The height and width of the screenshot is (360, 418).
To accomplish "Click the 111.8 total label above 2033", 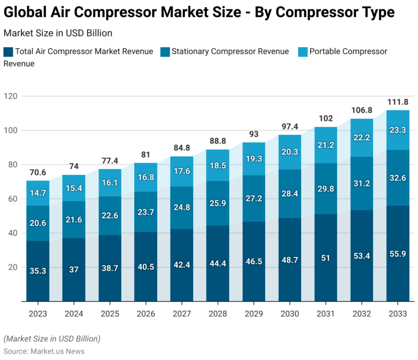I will pos(398,102).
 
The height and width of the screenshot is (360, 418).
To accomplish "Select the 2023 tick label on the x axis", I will pos(38,314).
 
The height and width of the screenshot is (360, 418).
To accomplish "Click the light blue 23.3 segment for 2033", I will pos(398,130).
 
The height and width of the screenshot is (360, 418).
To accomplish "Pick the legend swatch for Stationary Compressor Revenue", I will pos(164,52).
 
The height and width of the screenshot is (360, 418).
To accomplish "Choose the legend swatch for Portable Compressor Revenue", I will pos(302,52).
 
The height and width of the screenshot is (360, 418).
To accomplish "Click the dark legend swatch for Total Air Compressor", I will pos(8,52).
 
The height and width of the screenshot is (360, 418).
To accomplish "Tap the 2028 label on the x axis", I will pos(217,314).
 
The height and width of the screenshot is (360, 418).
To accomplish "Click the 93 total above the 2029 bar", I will pos(253,134).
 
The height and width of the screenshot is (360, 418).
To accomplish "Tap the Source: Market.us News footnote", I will pos(44,351).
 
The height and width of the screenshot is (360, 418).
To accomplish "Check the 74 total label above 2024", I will pos(74,167).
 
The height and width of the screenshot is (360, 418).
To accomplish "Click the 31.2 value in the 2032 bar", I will pos(362,183).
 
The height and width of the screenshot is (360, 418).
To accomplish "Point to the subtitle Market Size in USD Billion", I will pos(58,33).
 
